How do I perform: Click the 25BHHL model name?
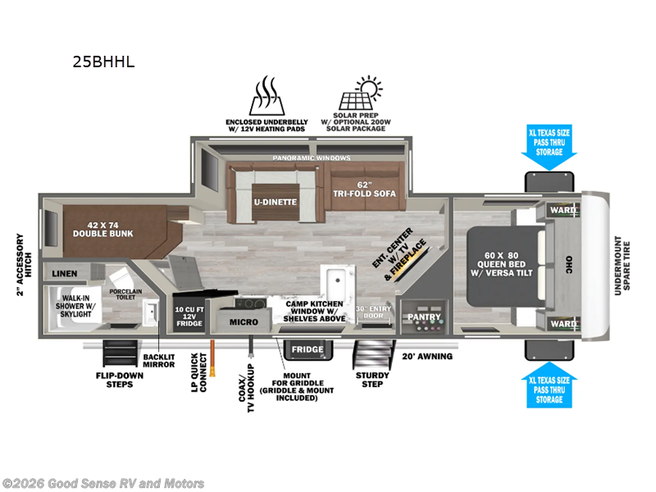(x=103, y=62)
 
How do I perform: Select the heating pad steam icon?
(x=267, y=96)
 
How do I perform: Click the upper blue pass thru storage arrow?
(x=549, y=148)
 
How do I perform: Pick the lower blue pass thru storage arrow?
(x=549, y=385)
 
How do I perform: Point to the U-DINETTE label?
(x=276, y=202)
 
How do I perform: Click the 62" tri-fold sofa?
(x=364, y=187)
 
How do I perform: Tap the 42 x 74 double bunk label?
(x=103, y=230)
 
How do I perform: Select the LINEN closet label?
(x=65, y=274)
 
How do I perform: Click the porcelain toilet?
(x=120, y=277)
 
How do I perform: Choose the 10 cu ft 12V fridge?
(x=189, y=314)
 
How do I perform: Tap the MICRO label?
(x=244, y=322)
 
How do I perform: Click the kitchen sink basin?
(x=337, y=282)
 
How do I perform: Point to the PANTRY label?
(x=424, y=317)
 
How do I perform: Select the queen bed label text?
(x=502, y=264)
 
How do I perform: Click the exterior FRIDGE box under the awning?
(x=308, y=350)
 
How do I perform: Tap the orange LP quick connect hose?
(x=212, y=358)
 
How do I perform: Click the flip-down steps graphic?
(x=120, y=353)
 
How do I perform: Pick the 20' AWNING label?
(x=427, y=357)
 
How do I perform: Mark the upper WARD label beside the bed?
(x=563, y=210)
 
